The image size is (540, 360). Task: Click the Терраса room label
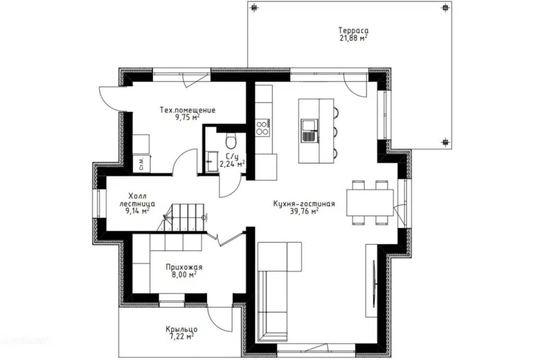pos(353,30)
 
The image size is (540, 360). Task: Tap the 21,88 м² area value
pos(353,38)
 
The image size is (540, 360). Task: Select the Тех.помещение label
pos(188,110)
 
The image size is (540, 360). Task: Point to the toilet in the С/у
pos(231,139)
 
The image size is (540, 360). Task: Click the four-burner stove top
pos(263,128)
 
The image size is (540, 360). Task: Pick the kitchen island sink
pos(309,130)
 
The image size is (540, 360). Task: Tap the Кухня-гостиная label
pos(304,204)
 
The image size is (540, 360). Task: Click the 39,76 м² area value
pos(304,211)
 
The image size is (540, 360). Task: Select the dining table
pos(370,202)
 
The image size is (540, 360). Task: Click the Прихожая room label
pos(184,267)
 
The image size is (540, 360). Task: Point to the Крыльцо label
pos(182,329)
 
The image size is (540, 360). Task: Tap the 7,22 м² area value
pos(182,336)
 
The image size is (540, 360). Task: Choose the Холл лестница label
pos(137,200)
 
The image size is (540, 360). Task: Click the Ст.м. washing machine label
pos(142,163)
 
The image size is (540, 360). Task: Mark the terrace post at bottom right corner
pos(445,142)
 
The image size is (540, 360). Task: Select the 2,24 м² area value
pos(232,164)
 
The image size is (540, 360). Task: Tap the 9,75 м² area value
pos(188,117)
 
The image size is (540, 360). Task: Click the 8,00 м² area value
pos(184,274)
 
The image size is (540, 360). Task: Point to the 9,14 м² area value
pos(137,211)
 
